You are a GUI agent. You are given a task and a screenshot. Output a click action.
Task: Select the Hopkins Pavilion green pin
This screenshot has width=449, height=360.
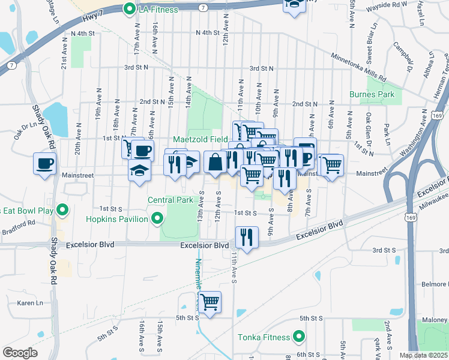click(x=158, y=219)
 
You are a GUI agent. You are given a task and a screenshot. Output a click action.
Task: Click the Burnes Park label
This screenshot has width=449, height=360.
click(x=372, y=94)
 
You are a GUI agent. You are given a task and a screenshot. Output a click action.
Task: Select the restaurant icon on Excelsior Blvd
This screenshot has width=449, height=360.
click(x=246, y=237)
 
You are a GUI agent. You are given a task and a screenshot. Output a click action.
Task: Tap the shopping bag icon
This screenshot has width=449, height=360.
click(x=215, y=161)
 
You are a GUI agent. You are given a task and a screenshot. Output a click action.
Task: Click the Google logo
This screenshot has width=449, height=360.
click(x=20, y=352)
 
